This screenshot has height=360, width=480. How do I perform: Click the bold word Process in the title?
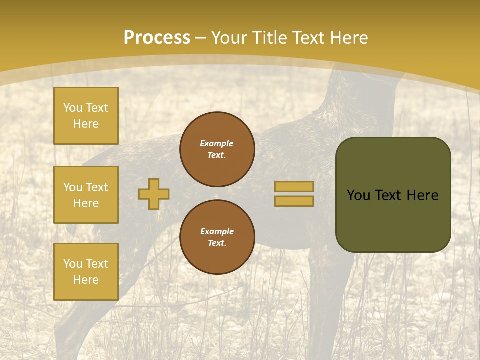[x=157, y=38]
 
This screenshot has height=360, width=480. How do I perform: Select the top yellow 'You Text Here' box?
[x=86, y=116]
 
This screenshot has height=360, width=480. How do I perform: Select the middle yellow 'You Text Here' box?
[x=86, y=195]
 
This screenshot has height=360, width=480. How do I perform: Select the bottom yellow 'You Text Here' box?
[x=86, y=272]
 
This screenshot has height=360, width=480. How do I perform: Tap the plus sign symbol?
[x=154, y=194]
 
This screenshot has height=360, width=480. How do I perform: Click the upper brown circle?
[x=217, y=149]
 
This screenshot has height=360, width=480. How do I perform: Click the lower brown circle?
[x=217, y=237]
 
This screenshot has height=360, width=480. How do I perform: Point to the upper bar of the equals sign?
[x=294, y=186]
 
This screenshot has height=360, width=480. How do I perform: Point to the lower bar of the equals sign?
[x=294, y=201]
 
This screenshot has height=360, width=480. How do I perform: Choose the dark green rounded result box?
[x=393, y=195]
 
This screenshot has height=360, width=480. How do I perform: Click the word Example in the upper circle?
[x=217, y=143]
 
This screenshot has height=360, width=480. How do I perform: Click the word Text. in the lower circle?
[x=217, y=243]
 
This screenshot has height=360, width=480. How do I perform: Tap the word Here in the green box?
[x=422, y=195]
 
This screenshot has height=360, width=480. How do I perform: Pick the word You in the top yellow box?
[x=72, y=108]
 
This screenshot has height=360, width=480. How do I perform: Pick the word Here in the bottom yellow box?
[x=86, y=280]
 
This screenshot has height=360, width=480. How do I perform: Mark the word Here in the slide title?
[x=348, y=38]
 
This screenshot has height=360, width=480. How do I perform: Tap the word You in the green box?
[x=358, y=195]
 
